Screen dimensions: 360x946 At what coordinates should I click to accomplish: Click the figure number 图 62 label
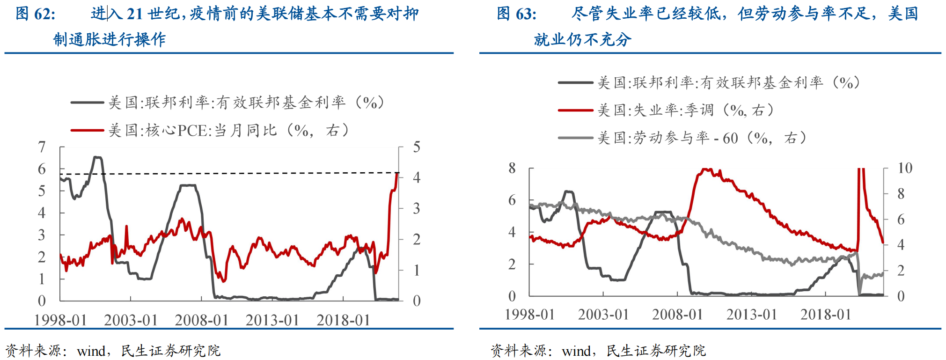[x=35, y=14]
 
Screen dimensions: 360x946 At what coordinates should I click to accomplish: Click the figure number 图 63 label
[x=516, y=14]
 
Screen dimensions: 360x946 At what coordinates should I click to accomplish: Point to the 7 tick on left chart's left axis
[x=42, y=147]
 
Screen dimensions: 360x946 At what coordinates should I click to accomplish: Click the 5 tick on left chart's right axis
[x=416, y=147]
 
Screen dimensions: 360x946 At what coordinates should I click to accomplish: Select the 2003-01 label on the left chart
[x=131, y=320]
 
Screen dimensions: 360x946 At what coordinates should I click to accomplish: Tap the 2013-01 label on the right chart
[x=751, y=315]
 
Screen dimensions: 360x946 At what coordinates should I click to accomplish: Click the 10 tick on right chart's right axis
[x=904, y=168]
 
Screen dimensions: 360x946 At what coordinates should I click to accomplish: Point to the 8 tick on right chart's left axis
[x=512, y=168]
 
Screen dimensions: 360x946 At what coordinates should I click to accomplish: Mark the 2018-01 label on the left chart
[x=343, y=320]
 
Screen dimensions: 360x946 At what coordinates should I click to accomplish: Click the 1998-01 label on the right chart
[x=529, y=315]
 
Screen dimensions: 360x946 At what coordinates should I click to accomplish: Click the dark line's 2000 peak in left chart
[x=97, y=157]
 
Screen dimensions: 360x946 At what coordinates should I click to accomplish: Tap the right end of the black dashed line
[x=398, y=173]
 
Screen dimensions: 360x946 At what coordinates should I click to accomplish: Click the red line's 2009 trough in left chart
[x=223, y=281]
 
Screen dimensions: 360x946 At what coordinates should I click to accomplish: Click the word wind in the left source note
[x=92, y=351]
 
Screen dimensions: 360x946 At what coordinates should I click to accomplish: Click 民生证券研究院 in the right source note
[x=655, y=351]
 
